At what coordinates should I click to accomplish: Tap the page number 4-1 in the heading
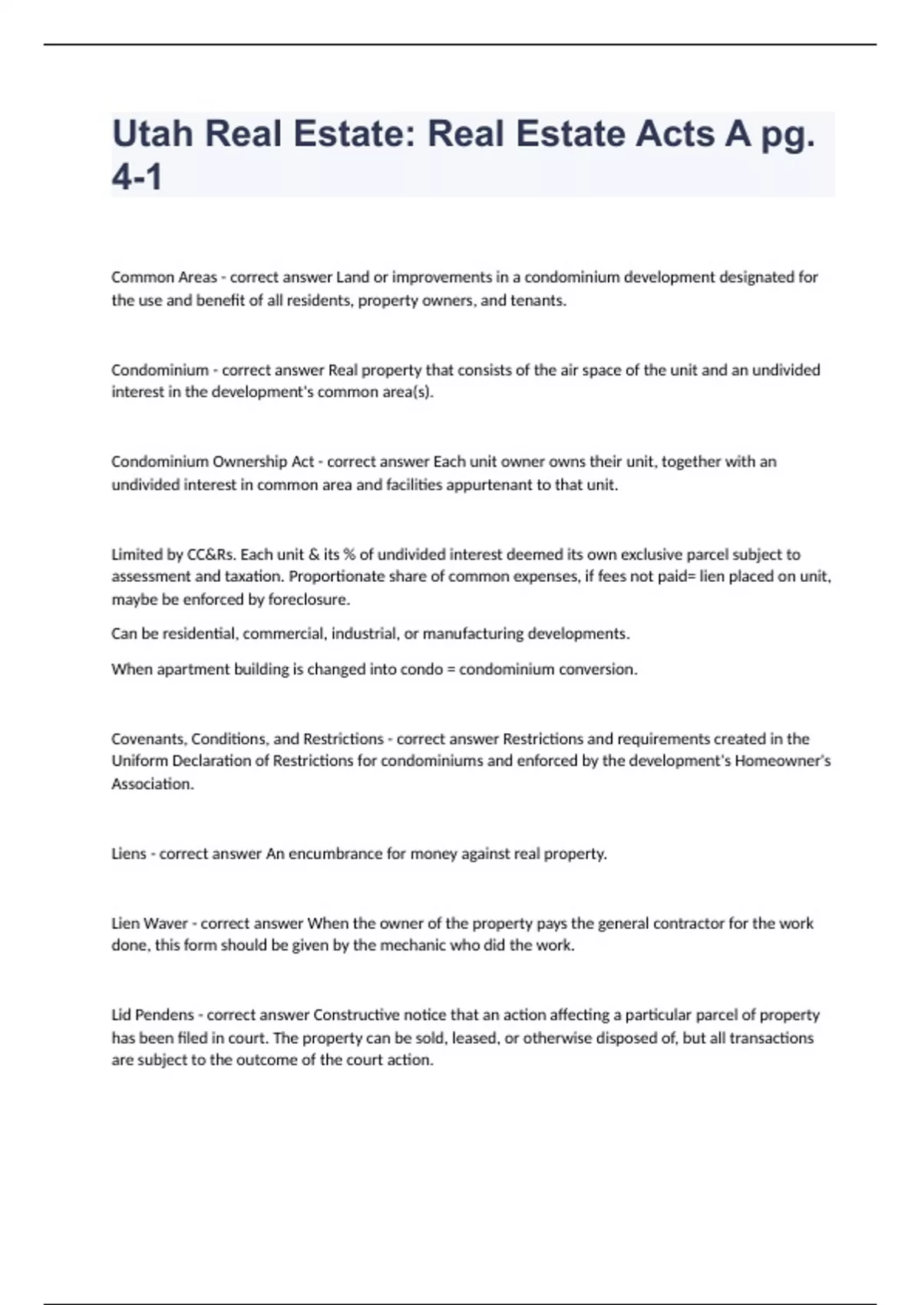[x=137, y=178]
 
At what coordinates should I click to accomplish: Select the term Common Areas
[x=163, y=277]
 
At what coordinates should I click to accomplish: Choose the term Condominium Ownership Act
[x=213, y=462]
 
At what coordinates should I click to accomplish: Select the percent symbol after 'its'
[x=349, y=554]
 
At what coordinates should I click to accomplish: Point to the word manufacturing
[x=473, y=634]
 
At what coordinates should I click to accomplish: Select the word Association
[x=152, y=785]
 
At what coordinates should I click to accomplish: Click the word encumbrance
[x=335, y=854]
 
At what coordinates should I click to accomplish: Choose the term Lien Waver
[x=150, y=923]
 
